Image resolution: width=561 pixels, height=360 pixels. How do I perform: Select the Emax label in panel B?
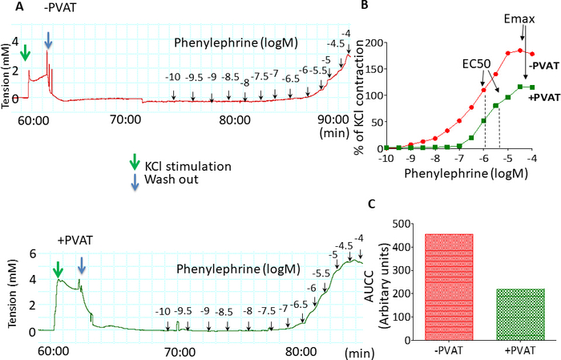point(523,17)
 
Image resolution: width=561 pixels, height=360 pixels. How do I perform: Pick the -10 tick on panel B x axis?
point(385,159)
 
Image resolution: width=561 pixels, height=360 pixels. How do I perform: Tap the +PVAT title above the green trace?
point(73,239)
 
